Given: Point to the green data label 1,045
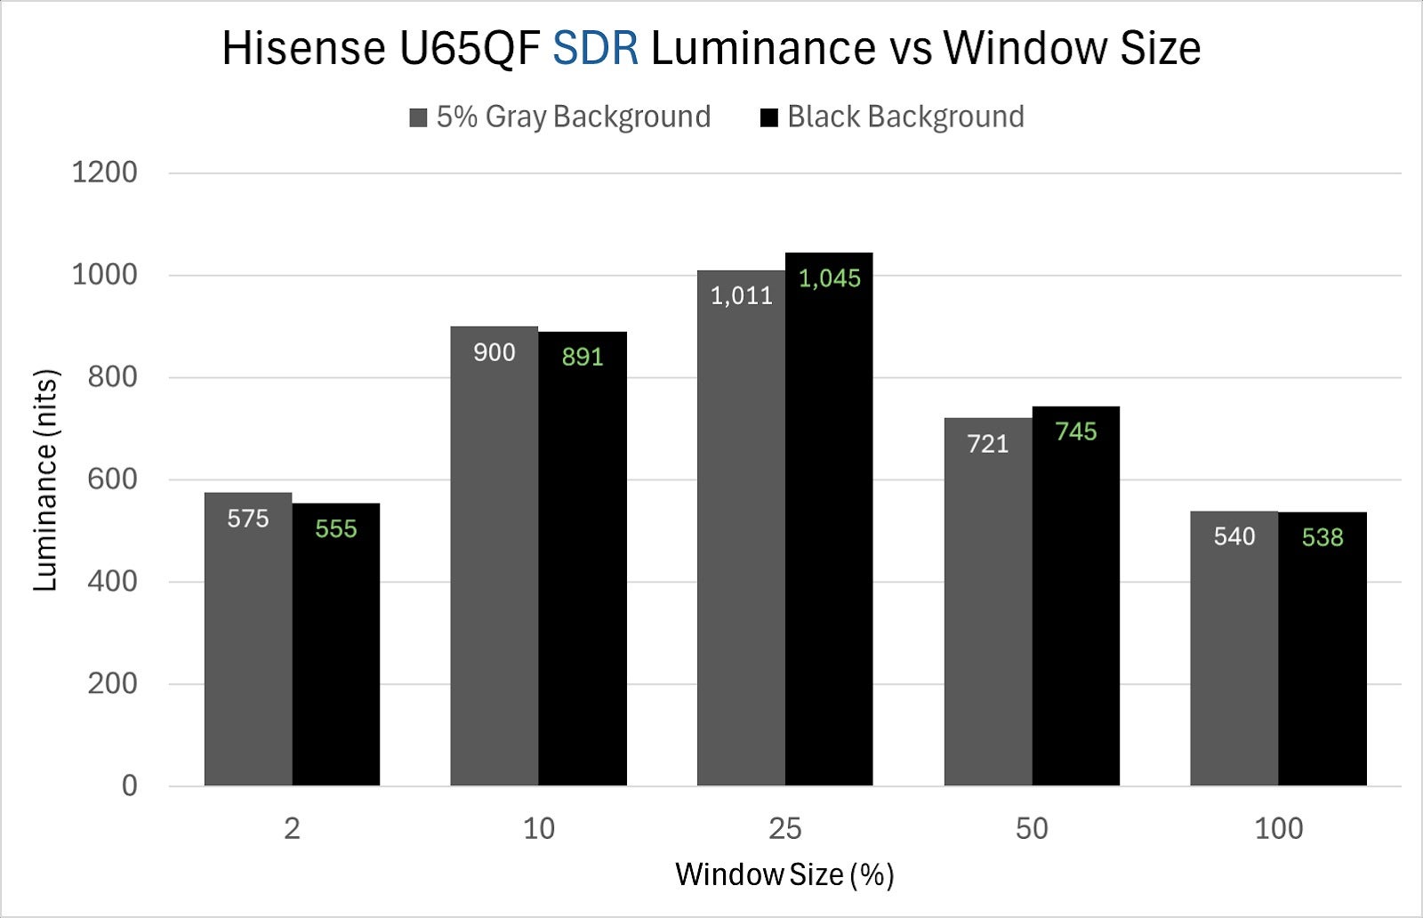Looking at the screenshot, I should pos(830,278).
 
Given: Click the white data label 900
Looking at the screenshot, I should pos(494,352).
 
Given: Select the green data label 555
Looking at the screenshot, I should pos(336,529).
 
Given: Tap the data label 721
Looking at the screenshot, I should pos(988,444).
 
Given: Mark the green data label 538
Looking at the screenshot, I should pos(1323,537).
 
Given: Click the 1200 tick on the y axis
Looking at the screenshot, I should pos(105,173).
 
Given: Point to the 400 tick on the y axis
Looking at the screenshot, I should pos(112,582).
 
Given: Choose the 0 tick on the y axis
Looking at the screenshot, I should pos(130,785).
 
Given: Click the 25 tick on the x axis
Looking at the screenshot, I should pos(785,829).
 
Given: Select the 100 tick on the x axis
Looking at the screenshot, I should pos(1278,829).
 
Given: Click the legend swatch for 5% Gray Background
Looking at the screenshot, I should pos(418,117).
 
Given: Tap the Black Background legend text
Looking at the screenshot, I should pos(905,117).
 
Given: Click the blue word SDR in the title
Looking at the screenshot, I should pos(595,48).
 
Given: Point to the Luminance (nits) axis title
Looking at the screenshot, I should pos(45,479).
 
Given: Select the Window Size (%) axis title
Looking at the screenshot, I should pos(784,874).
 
